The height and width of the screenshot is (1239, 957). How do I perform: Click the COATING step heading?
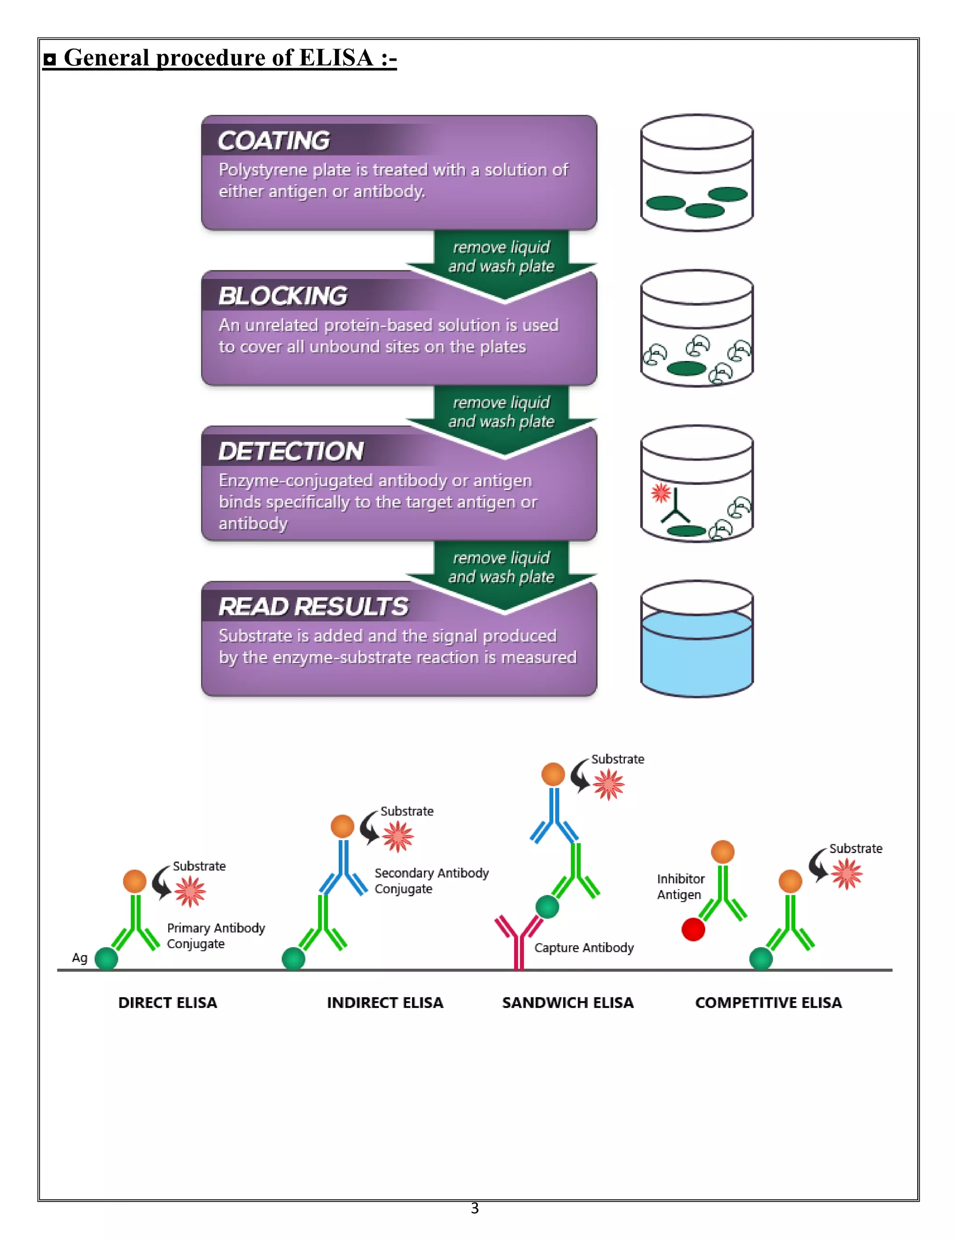point(274,141)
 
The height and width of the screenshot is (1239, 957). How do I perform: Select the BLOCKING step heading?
point(283,296)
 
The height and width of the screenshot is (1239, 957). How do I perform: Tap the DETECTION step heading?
point(291,452)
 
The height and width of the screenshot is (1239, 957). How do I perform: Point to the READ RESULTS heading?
point(313,607)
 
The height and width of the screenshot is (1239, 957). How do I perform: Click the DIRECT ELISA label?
point(167,1002)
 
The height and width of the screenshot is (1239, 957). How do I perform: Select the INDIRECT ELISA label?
point(385,1002)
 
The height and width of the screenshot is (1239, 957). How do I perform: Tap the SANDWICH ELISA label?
point(567,1002)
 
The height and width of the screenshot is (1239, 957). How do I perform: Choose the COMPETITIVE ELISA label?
point(768,1002)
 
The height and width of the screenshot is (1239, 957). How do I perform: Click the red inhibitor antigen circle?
point(693,929)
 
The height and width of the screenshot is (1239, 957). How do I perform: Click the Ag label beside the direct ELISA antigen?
point(79,958)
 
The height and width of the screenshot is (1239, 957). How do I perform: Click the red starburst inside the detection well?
point(660,492)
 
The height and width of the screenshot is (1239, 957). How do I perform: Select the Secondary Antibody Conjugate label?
point(431,880)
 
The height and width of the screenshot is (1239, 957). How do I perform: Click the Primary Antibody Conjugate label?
point(215,936)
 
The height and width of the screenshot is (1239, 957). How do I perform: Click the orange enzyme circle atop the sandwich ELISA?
point(553,774)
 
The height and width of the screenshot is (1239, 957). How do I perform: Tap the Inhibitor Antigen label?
point(680,886)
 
